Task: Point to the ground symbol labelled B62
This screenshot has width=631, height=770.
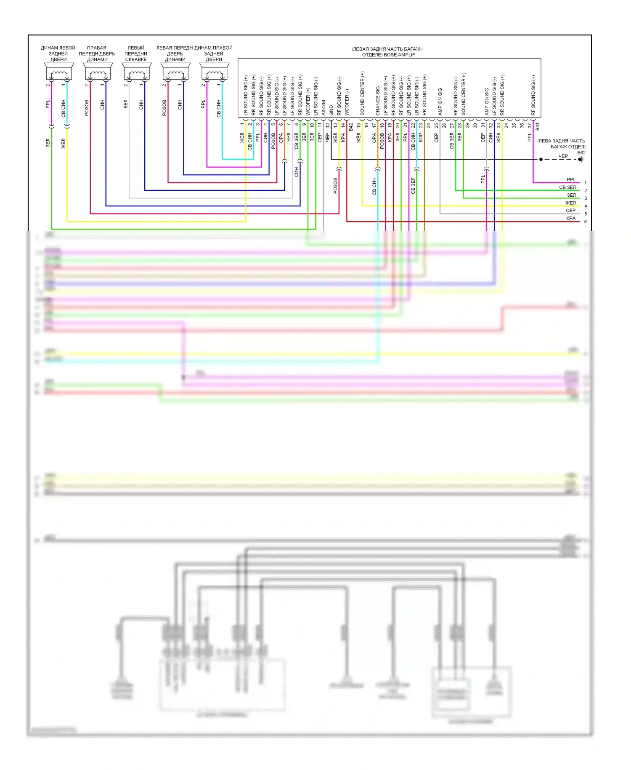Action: (581, 159)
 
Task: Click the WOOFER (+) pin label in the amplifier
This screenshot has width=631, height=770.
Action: (308, 102)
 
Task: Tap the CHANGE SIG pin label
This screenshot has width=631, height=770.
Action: (378, 101)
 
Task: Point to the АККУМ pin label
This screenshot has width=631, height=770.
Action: (323, 107)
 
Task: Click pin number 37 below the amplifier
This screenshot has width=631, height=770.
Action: (530, 125)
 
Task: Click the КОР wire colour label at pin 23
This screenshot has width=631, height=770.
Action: (421, 137)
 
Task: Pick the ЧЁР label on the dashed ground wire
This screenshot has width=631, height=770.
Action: (563, 156)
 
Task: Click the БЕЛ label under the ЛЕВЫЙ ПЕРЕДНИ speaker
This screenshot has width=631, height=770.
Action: (125, 104)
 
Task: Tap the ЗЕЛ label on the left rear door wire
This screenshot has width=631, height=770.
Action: (48, 143)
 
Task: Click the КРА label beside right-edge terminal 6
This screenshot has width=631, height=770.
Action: (570, 218)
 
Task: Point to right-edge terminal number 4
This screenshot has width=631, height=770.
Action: (585, 206)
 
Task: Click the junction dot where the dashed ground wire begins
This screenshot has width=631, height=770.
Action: (541, 159)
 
